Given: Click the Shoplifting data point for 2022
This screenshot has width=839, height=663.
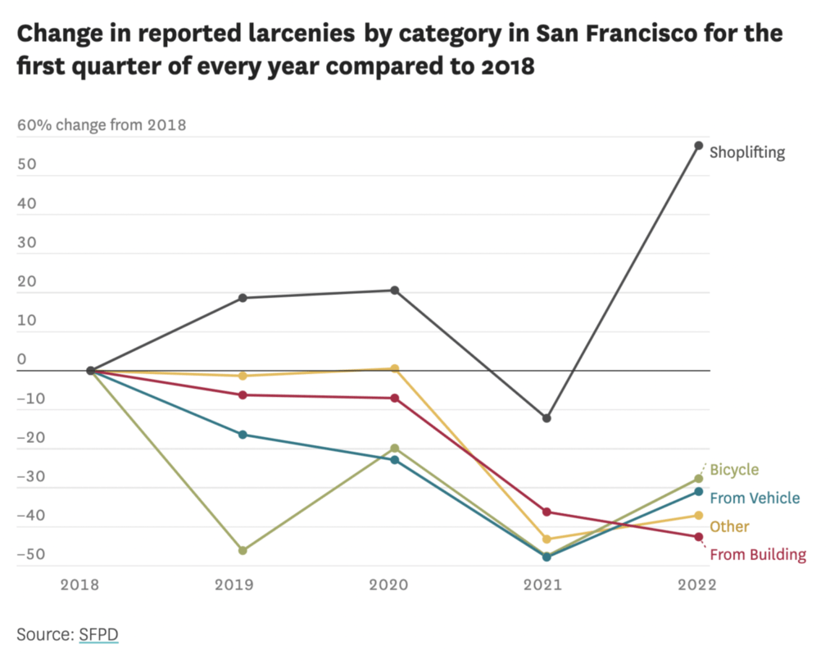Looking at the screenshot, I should tap(698, 146).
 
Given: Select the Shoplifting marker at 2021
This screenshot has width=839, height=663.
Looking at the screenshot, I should tap(546, 418).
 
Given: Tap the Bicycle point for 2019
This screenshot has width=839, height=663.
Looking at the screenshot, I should tap(243, 550).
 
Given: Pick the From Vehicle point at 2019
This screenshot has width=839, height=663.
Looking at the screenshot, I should tap(243, 434).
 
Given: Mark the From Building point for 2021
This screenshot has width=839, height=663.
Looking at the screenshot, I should tap(546, 512).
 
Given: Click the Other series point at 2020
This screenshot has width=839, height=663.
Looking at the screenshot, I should tap(395, 368).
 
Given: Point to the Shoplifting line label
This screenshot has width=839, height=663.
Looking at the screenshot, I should tap(746, 152).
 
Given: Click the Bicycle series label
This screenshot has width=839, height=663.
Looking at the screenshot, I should tap(733, 470).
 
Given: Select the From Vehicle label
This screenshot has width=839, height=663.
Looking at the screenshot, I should tap(754, 498).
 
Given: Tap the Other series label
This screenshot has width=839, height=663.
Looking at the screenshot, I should tap(728, 526).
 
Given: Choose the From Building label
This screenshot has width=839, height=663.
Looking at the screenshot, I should tap(757, 555).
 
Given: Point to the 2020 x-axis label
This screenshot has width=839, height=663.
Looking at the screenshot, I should tap(395, 584).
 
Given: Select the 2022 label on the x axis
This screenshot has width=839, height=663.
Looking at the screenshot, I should tap(697, 584).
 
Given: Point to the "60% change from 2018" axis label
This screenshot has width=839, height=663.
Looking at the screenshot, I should tap(102, 125).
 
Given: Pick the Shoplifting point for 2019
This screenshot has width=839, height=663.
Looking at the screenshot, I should tap(243, 298).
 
